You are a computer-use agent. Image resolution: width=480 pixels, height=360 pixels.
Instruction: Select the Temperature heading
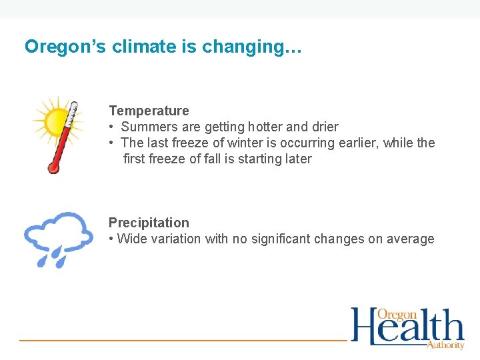click(x=149, y=111)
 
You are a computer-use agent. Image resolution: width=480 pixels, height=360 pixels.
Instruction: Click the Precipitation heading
click(x=149, y=223)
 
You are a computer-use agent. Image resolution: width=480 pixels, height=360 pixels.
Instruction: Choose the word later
click(x=297, y=159)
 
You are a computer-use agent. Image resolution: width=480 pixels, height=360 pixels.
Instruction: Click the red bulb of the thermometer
click(x=53, y=167)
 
